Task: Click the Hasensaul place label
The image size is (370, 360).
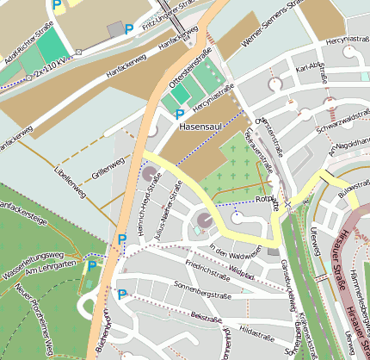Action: (201, 127)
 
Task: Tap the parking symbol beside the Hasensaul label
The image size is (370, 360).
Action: (180, 114)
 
